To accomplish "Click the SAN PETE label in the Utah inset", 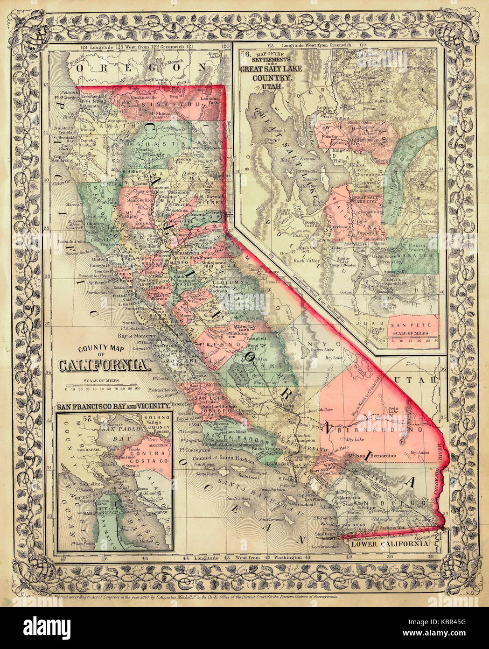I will coord(405,324).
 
